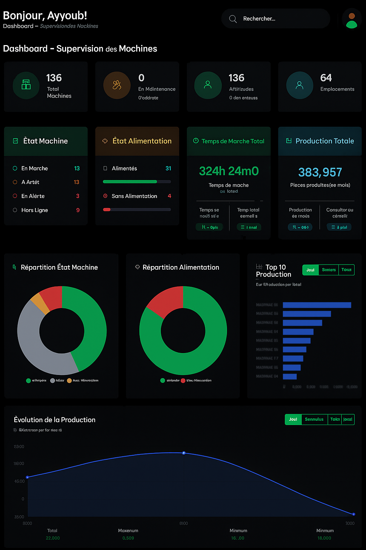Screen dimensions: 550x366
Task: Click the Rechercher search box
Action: pos(275,19)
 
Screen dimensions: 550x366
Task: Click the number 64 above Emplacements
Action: pos(326,78)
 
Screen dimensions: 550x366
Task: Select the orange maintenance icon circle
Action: pos(117,85)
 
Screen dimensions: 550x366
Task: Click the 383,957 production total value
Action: pos(320,172)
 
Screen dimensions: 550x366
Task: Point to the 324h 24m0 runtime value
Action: pos(229,171)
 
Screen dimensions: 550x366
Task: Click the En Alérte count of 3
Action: pos(78,196)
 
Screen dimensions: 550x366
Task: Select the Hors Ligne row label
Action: pos(35,210)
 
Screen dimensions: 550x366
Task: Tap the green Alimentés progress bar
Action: pos(130,182)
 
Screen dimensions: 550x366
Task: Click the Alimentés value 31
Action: pos(168,168)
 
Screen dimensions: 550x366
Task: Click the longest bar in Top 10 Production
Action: pos(317,305)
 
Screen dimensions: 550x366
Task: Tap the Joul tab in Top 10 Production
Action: pos(310,270)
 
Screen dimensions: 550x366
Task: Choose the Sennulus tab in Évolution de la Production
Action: pos(314,419)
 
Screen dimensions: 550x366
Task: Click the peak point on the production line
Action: pos(184,453)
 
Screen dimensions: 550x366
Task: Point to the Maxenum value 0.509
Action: pos(128,538)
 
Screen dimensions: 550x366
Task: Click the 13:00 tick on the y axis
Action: pos(19,447)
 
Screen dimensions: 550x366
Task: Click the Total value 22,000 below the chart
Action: pos(53,538)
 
